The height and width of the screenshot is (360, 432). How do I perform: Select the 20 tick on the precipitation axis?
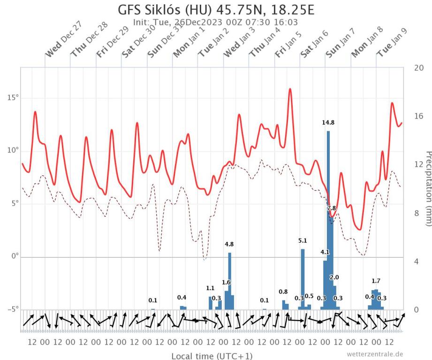point(419,67)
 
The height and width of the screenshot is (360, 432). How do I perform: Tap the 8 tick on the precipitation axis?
point(417,213)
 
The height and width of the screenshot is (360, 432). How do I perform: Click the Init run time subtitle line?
point(216,22)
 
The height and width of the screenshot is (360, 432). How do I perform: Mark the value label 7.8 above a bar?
point(331,208)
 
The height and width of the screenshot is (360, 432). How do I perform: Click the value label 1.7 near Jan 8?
point(376,281)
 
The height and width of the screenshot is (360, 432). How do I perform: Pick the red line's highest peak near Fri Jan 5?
point(290,89)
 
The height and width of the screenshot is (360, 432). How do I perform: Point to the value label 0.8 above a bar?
point(283,292)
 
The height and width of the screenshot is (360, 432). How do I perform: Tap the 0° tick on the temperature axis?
point(13,256)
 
